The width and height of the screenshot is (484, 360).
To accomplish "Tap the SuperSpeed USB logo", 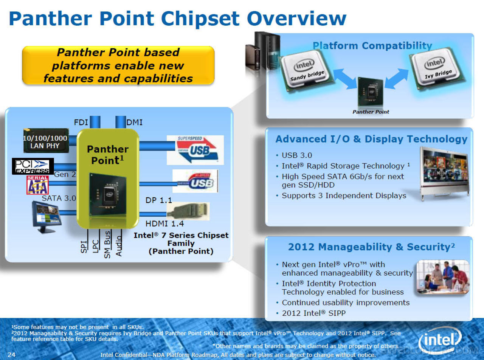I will pyautogui.click(x=195, y=150).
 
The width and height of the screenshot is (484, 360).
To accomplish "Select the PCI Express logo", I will pyautogui.click(x=33, y=166).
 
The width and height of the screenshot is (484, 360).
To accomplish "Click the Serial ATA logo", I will pyautogui.click(x=37, y=185).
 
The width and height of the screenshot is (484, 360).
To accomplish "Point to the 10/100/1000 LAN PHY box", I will pyautogui.click(x=45, y=143).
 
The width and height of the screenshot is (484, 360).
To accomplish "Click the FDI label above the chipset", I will pyautogui.click(x=81, y=122).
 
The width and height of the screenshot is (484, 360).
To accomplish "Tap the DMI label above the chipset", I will pyautogui.click(x=134, y=122).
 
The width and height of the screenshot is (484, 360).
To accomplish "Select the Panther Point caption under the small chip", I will pyautogui.click(x=371, y=112).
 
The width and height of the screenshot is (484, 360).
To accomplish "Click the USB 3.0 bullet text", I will pyautogui.click(x=297, y=155).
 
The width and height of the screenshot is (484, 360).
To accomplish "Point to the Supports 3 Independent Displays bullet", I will pyautogui.click(x=344, y=196).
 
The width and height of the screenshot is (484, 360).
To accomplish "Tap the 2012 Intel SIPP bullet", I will pyautogui.click(x=313, y=313).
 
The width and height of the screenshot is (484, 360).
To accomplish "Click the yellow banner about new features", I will pyautogui.click(x=118, y=65).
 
